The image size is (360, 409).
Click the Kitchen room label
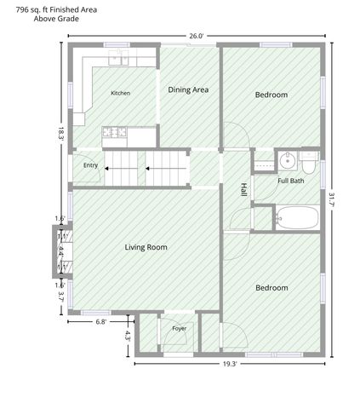(120, 93)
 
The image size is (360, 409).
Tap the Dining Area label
(188, 89)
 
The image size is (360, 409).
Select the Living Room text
(146, 247)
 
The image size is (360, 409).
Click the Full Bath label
(291, 181)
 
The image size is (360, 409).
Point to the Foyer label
(180, 329)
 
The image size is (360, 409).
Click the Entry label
(90, 165)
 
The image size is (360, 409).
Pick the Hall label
(243, 189)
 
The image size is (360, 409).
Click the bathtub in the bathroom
(298, 218)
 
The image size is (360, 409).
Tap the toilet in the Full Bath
(309, 163)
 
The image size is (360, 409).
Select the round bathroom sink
(288, 161)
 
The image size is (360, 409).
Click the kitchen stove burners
(114, 132)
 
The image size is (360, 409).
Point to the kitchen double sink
(119, 58)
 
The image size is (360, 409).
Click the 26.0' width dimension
(197, 36)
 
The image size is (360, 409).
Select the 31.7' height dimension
(332, 200)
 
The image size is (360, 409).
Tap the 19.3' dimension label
(230, 364)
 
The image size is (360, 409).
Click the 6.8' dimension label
(101, 322)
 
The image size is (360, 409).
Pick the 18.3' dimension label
(61, 134)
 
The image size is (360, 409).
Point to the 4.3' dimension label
(128, 336)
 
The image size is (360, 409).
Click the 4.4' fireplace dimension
(61, 251)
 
